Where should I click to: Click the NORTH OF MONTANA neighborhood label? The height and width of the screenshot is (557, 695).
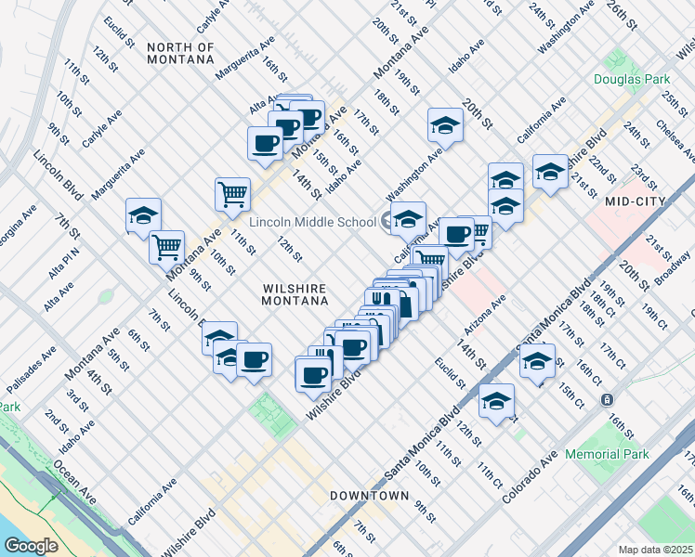[x=180, y=53]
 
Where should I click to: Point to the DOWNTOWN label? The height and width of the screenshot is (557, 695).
[x=370, y=496]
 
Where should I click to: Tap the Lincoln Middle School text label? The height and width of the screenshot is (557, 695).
[x=312, y=223]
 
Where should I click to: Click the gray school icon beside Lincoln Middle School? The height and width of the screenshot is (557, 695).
[x=388, y=222]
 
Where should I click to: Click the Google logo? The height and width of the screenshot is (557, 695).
[x=31, y=545]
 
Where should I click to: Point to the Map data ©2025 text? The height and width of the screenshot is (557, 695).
[x=655, y=550]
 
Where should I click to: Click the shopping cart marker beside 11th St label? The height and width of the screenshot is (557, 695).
[x=232, y=194]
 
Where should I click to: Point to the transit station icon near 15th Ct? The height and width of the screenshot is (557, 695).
[x=607, y=399]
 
